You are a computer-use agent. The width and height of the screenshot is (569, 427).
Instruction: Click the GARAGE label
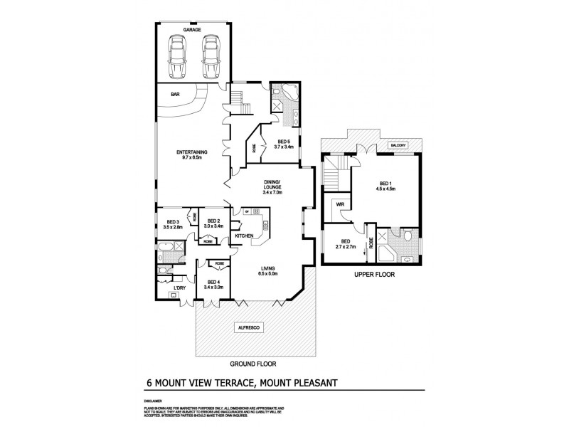(x=191, y=29)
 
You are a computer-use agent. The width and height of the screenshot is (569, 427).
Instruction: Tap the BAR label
(x=175, y=93)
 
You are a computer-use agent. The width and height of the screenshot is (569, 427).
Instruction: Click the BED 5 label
(x=284, y=141)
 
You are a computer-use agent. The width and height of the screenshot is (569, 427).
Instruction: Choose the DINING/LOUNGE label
(x=272, y=186)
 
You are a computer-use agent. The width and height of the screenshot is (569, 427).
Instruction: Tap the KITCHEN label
(x=245, y=235)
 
